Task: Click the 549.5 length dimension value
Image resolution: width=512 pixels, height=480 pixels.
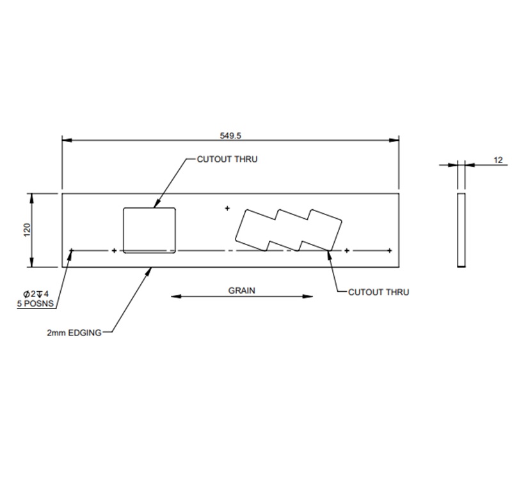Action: click(x=230, y=135)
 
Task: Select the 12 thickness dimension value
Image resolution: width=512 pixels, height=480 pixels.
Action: click(x=498, y=160)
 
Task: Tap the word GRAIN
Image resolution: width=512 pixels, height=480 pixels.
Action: click(x=242, y=290)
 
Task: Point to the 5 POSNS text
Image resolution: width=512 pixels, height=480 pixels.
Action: click(x=33, y=303)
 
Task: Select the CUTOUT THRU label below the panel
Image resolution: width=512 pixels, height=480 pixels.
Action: click(x=378, y=292)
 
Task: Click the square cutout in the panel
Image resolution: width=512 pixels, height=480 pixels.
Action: click(x=149, y=229)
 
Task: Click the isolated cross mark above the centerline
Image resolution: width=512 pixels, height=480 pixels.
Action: click(x=227, y=208)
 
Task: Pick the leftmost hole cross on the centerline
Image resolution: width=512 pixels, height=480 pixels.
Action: click(x=72, y=250)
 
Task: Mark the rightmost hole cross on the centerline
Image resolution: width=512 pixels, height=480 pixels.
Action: click(x=388, y=250)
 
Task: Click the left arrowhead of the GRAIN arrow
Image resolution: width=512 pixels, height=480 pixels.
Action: click(x=175, y=296)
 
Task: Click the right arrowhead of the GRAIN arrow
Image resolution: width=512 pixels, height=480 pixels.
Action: click(x=310, y=296)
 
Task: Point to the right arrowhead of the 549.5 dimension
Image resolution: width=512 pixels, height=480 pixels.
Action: click(x=396, y=140)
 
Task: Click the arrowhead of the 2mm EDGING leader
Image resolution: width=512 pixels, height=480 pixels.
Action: click(x=151, y=269)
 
